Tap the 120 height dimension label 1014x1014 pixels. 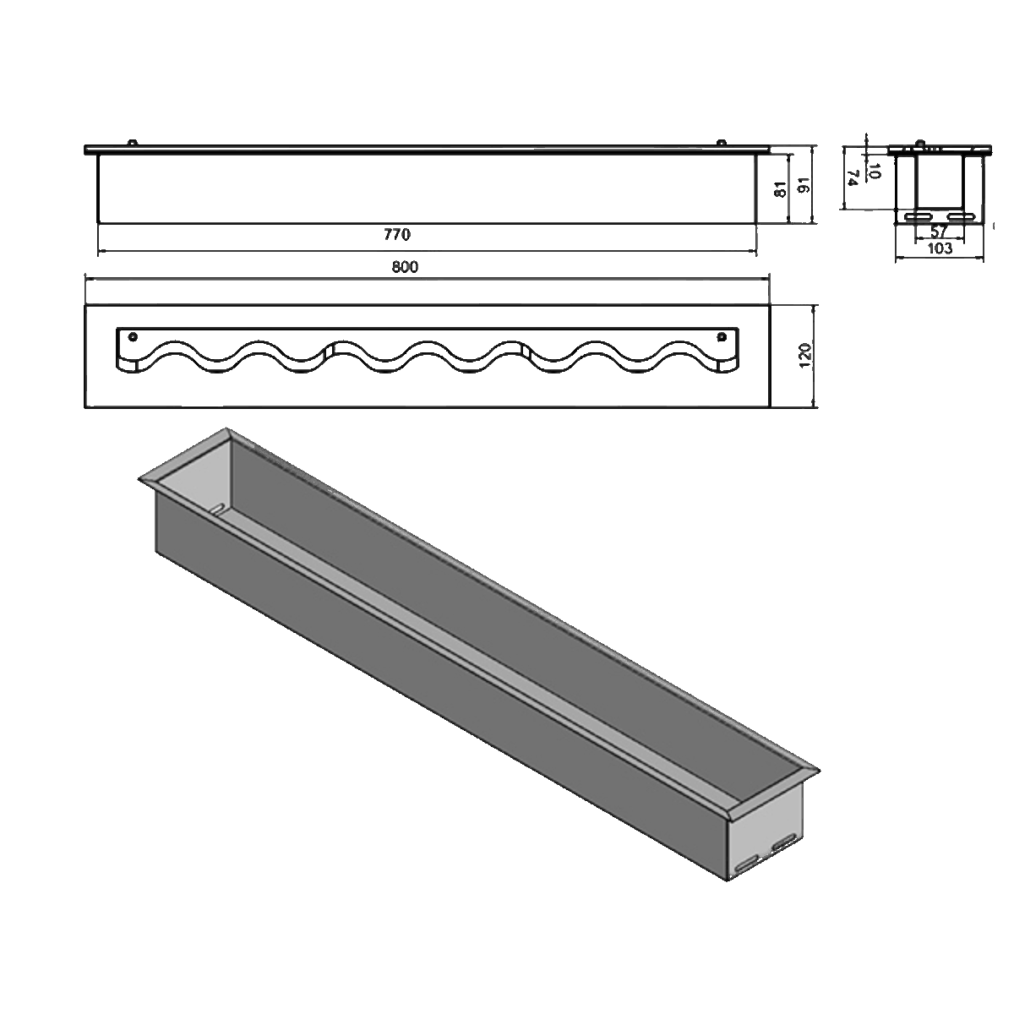click(x=804, y=356)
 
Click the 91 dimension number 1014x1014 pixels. click(x=804, y=187)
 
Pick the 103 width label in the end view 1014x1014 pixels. click(x=940, y=248)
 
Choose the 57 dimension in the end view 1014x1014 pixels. click(x=938, y=232)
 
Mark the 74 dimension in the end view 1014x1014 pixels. click(x=853, y=177)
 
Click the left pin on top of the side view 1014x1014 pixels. click(x=131, y=143)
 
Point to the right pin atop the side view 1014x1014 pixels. click(x=721, y=143)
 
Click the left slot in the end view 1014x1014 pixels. click(x=917, y=217)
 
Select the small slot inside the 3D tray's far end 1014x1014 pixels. click(x=217, y=508)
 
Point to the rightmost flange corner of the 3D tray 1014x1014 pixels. click(x=819, y=770)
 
